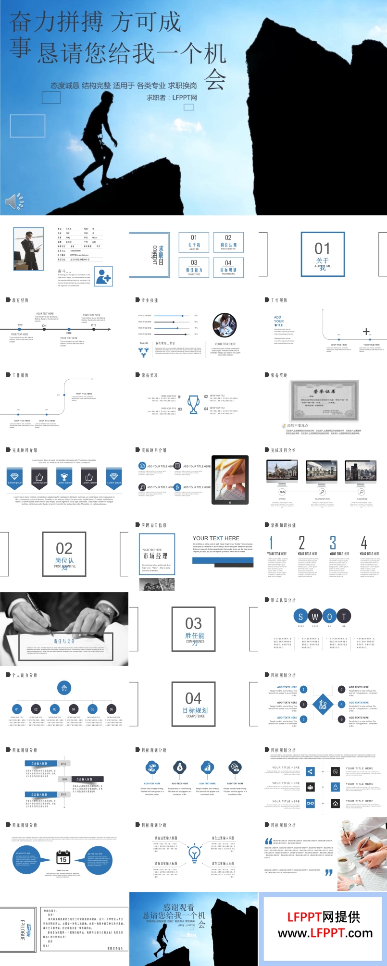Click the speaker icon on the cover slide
[x=13, y=202]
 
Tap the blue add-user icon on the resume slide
[x=103, y=277]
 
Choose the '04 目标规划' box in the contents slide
[x=228, y=267]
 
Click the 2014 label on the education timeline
[x=44, y=326]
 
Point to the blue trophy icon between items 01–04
[x=193, y=404]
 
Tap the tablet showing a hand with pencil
[x=230, y=479]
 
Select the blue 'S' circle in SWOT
[x=301, y=616]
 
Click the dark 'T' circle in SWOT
[x=344, y=616]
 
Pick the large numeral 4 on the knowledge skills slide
[x=364, y=543]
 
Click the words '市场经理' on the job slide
[x=155, y=556]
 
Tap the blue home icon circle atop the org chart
[x=64, y=688]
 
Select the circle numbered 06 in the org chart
[x=111, y=709]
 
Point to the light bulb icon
[x=194, y=853]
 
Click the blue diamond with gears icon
[x=323, y=705]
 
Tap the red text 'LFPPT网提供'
[x=324, y=917]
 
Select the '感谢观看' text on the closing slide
[x=179, y=907]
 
